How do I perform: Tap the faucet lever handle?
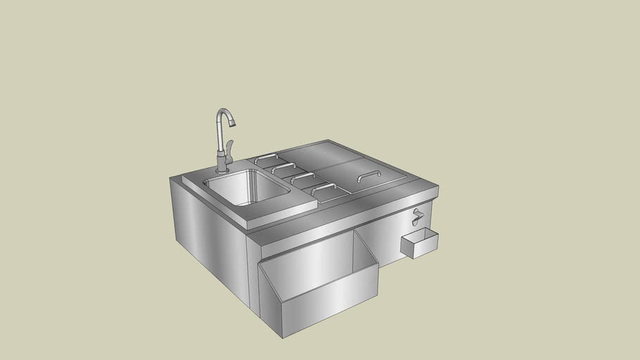(x=229, y=147)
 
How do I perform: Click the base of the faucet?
(x=222, y=169)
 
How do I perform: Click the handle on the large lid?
(x=369, y=174)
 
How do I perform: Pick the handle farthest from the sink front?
(x=265, y=158)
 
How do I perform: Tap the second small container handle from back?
(x=283, y=167)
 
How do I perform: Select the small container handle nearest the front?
(x=323, y=187)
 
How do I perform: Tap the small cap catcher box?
(x=419, y=243)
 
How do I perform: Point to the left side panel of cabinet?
(x=210, y=236)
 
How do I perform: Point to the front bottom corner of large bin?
(x=283, y=337)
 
